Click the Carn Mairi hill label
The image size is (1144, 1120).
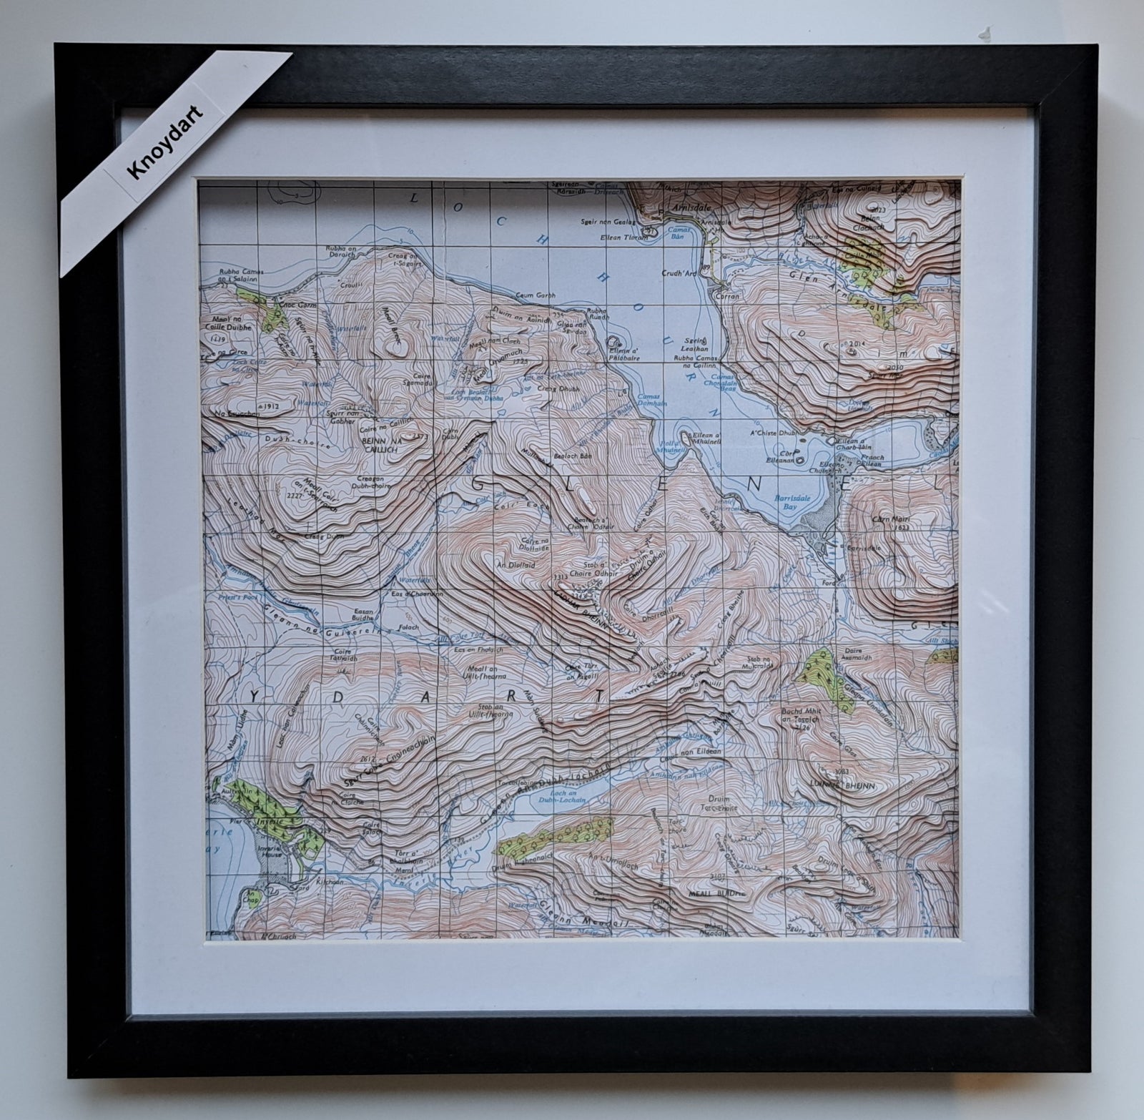pos(889,518)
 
